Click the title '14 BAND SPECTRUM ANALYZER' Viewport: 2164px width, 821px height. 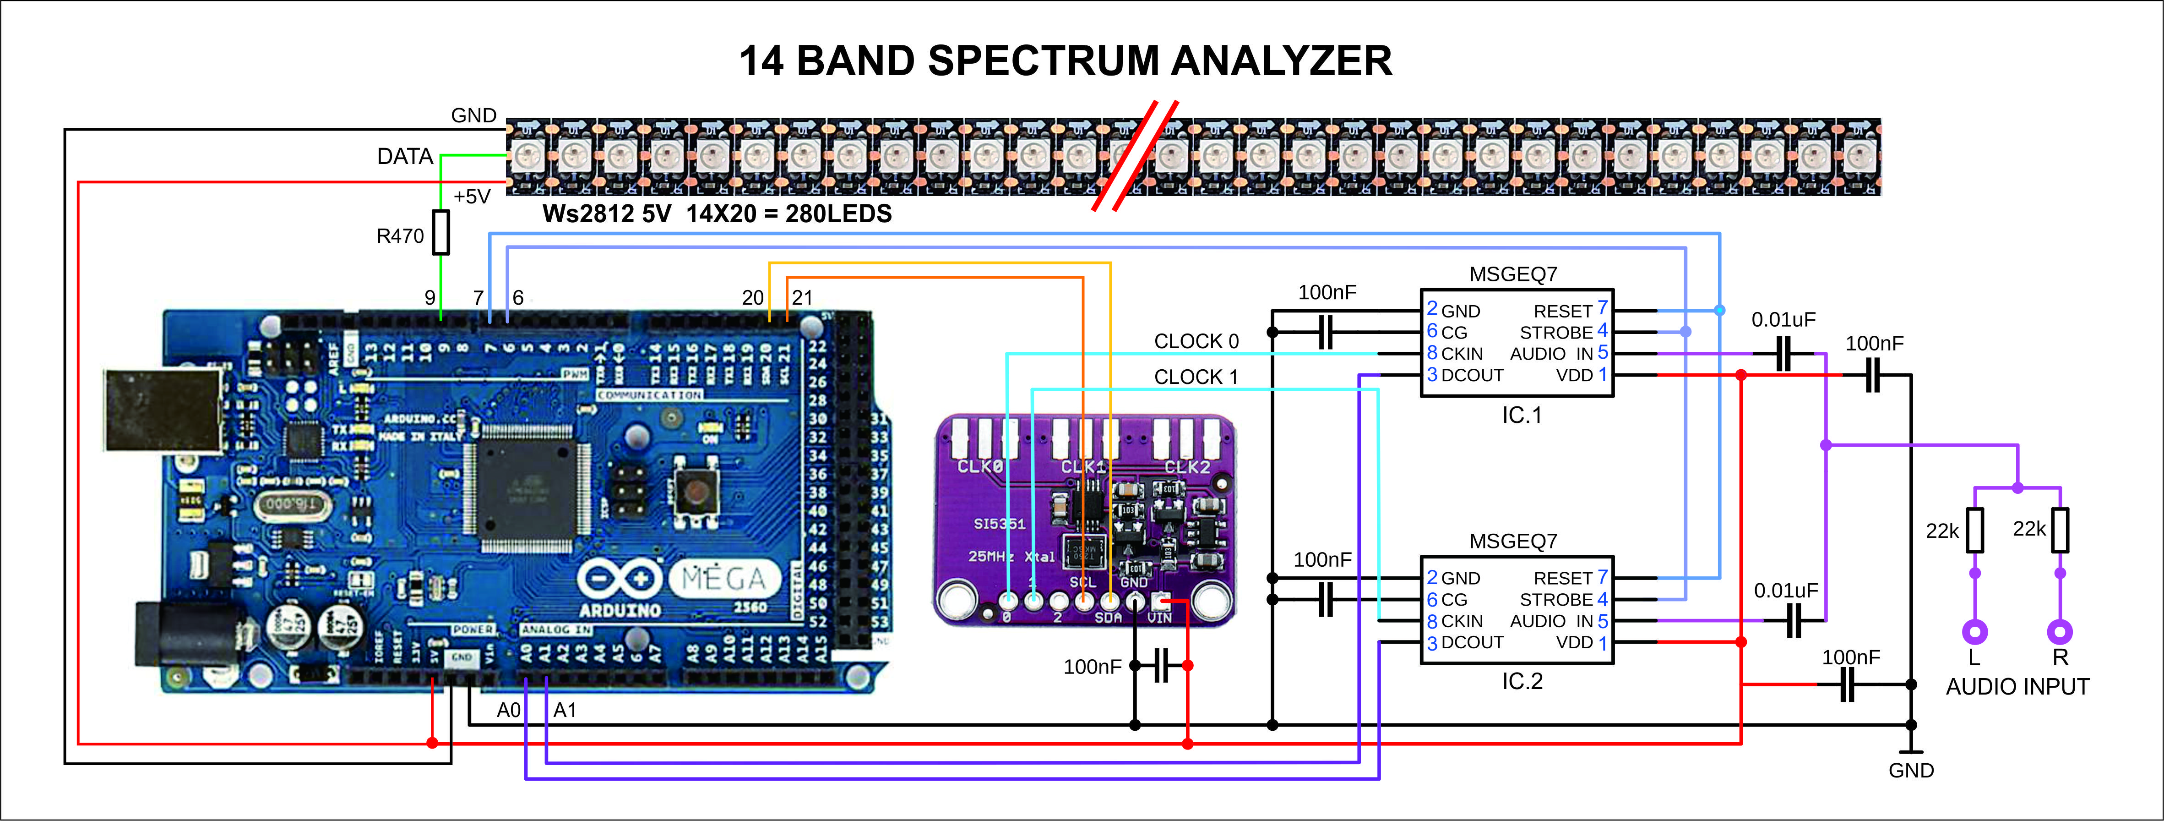click(1065, 61)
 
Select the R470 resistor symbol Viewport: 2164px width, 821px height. click(441, 233)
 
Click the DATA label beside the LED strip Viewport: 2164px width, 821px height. click(405, 157)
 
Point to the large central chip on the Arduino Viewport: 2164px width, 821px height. click(525, 487)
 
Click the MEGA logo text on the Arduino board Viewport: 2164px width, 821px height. click(723, 579)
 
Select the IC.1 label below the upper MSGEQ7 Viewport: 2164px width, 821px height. click(1522, 415)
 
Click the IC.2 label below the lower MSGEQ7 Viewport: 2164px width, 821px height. click(1522, 682)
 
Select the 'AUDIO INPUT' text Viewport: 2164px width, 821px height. click(2017, 687)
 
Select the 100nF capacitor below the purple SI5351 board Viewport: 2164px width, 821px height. click(1161, 666)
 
